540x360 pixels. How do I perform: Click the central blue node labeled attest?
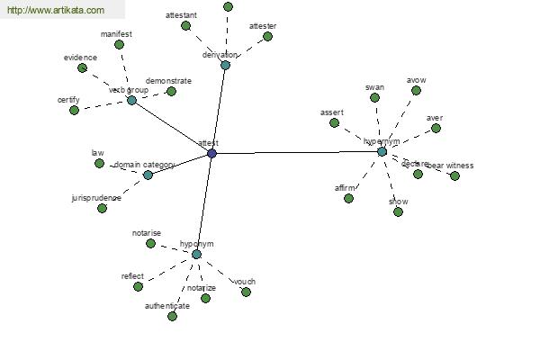211,154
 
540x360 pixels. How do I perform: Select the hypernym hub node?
382,151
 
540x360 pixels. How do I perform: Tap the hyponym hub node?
196,255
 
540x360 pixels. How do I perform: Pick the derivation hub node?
225,65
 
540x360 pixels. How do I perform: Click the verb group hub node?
131,100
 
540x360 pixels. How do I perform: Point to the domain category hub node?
148,175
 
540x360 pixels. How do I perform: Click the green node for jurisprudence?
102,208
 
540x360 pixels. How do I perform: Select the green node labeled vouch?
246,292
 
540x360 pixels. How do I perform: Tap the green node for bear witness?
454,175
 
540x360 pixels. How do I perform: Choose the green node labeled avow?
416,90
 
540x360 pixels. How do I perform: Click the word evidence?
80,58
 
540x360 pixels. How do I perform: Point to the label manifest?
116,33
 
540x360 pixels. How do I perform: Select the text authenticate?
167,306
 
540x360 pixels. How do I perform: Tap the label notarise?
146,233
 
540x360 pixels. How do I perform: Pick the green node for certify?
74,110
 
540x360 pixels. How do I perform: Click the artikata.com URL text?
56,11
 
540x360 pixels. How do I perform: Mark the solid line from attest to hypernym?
297,153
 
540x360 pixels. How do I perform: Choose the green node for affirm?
348,198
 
